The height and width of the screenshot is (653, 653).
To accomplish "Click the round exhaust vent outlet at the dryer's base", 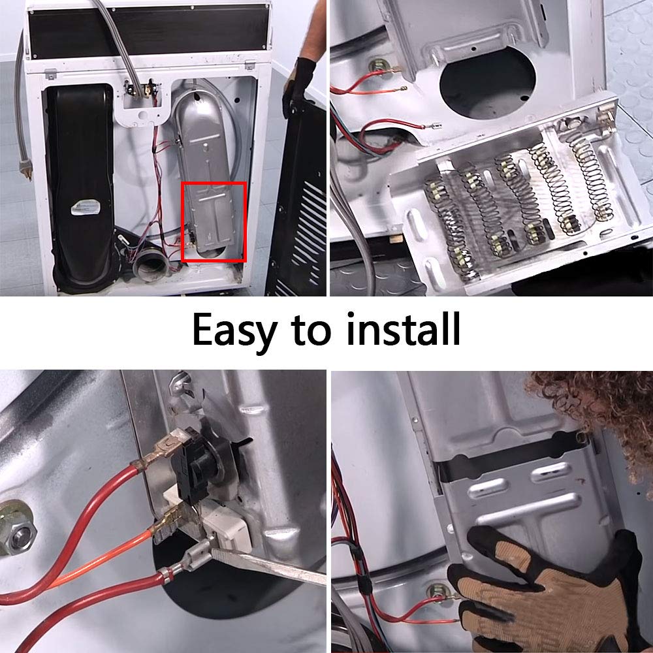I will point(148,268).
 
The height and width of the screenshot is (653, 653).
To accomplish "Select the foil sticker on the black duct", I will point(84,208).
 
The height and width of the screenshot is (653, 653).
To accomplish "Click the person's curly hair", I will point(601,405).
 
